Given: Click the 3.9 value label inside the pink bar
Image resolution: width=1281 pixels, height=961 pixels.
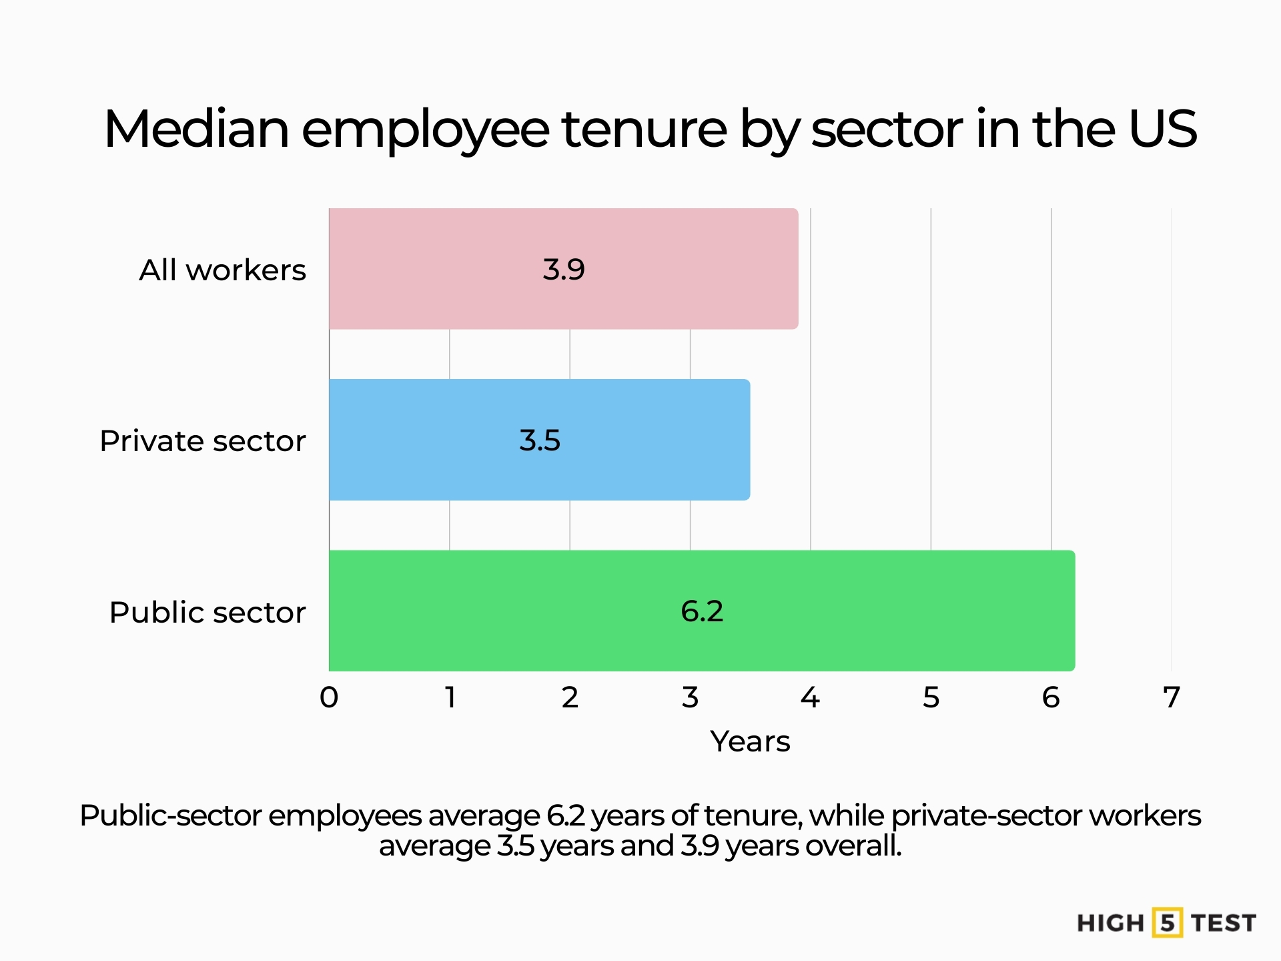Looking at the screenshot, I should tap(564, 270).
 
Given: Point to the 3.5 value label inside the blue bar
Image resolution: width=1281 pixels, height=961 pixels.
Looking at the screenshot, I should tap(540, 440).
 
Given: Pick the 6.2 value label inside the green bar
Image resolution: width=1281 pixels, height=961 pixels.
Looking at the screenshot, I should tap(702, 611).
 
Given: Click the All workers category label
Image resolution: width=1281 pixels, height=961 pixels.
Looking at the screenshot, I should tap(222, 270).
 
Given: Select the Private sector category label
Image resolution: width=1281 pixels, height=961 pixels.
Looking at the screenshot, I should tap(202, 441).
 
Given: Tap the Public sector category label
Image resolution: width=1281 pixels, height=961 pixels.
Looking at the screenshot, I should tap(207, 613).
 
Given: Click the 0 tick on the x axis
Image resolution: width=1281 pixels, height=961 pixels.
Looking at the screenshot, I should tap(329, 697).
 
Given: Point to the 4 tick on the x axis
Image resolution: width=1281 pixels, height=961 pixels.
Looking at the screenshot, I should tap(810, 697).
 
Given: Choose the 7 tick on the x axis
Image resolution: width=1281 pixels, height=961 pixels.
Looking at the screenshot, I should tap(1172, 697).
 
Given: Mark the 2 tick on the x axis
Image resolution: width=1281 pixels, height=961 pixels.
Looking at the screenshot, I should tap(570, 697).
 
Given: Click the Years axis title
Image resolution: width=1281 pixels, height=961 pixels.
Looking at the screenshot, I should tap(750, 741).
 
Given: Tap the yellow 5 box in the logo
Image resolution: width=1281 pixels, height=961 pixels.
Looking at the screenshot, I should tap(1167, 923).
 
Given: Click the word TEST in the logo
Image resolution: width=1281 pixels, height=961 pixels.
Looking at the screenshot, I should tap(1224, 923).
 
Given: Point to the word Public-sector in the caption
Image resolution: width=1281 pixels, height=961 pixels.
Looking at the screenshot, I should tap(170, 816).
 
